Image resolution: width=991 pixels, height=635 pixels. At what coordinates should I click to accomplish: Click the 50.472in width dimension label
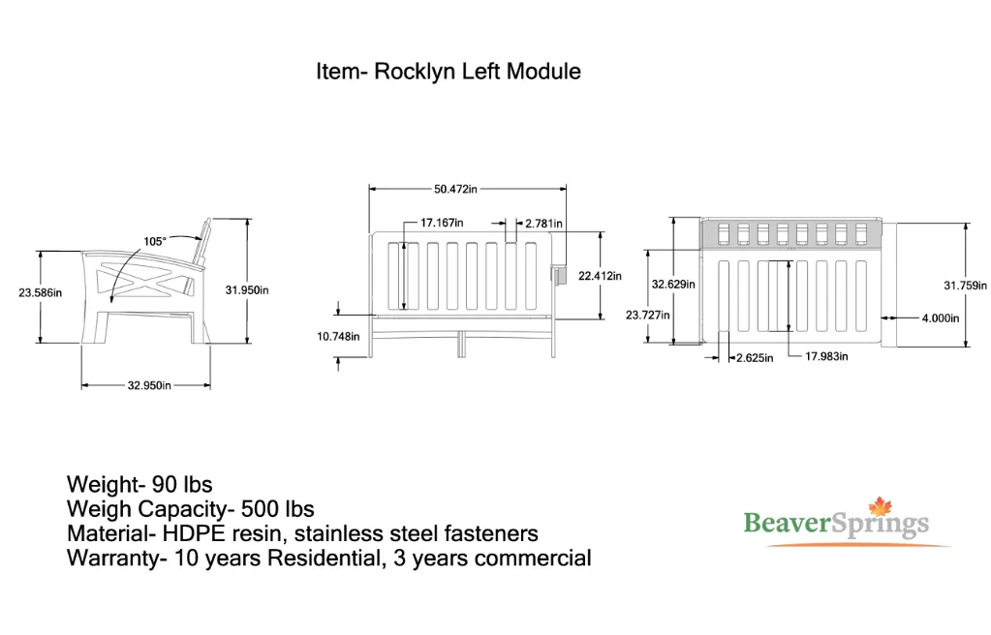(455, 189)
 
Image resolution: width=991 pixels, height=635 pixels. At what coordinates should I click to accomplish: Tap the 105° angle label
(155, 241)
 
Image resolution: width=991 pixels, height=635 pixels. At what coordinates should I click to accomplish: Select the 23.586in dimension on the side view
(41, 292)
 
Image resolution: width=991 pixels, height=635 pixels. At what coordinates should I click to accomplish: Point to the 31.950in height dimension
(247, 290)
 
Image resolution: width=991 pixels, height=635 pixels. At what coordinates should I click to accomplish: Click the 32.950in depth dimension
(149, 385)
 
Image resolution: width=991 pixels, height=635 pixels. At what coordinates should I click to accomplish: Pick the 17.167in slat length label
(442, 223)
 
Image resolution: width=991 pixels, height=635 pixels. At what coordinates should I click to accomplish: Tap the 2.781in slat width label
(543, 223)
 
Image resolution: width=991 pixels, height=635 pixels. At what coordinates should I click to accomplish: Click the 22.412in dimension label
(600, 276)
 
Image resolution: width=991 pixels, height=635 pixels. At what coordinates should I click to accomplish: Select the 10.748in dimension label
(338, 337)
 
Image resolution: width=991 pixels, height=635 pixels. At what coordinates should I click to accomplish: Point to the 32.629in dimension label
(673, 285)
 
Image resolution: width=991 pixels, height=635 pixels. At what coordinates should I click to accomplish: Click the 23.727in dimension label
(648, 315)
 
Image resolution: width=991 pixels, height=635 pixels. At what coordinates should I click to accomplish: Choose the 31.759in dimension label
(965, 286)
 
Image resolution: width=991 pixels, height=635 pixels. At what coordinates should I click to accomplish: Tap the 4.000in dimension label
(941, 318)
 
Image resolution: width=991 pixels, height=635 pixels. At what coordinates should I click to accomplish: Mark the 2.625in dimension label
(755, 358)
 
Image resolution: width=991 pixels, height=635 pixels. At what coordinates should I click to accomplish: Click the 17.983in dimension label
(826, 356)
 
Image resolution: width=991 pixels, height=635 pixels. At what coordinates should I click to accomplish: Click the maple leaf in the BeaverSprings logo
(880, 506)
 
